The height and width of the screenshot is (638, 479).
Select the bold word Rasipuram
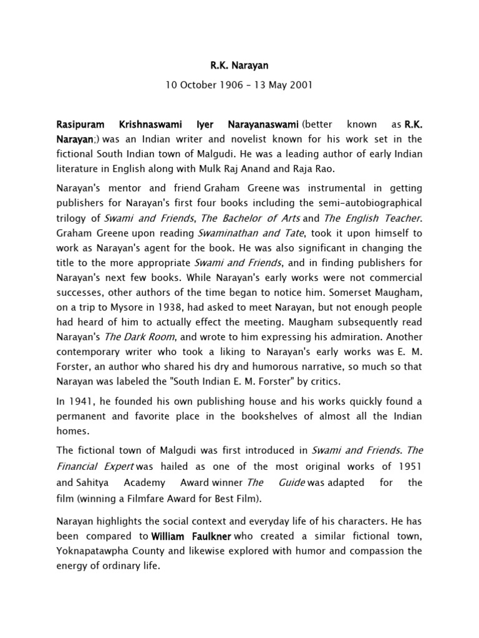pos(84,125)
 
